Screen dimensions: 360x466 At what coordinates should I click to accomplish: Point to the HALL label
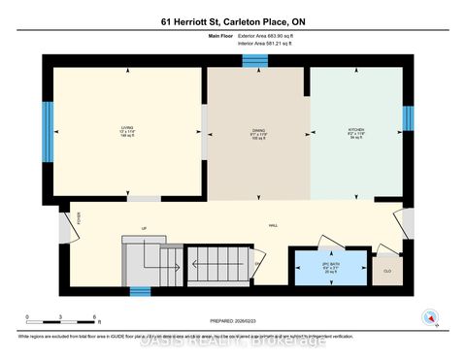pyautogui.click(x=274, y=225)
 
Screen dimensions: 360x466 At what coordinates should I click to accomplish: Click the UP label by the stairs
pyautogui.click(x=144, y=229)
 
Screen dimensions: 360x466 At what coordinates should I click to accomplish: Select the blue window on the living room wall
pyautogui.click(x=47, y=123)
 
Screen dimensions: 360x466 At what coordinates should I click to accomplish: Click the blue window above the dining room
pyautogui.click(x=255, y=61)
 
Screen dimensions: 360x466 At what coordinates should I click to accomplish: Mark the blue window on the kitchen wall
pyautogui.click(x=409, y=117)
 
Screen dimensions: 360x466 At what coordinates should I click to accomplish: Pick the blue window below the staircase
pyautogui.click(x=141, y=290)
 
